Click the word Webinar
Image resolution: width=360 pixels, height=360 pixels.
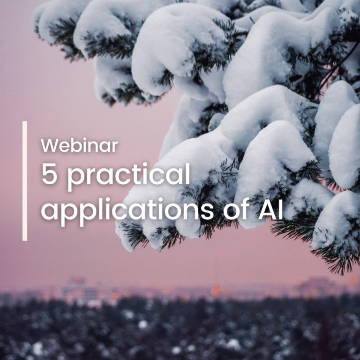[x=79, y=145]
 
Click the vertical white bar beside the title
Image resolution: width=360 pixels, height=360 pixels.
[x=24, y=181]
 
